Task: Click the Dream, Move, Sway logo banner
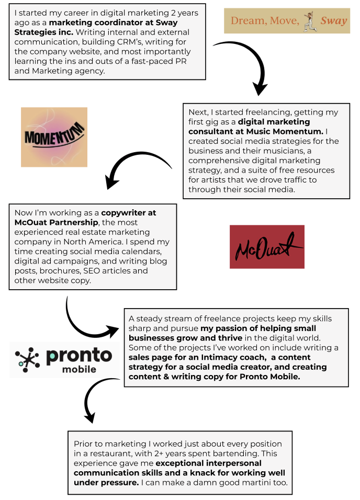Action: pyautogui.click(x=287, y=21)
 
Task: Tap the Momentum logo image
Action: pyautogui.click(x=54, y=137)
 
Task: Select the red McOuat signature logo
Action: pyautogui.click(x=267, y=247)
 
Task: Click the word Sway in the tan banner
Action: pyautogui.click(x=333, y=21)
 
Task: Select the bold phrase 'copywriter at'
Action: pyautogui.click(x=128, y=213)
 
